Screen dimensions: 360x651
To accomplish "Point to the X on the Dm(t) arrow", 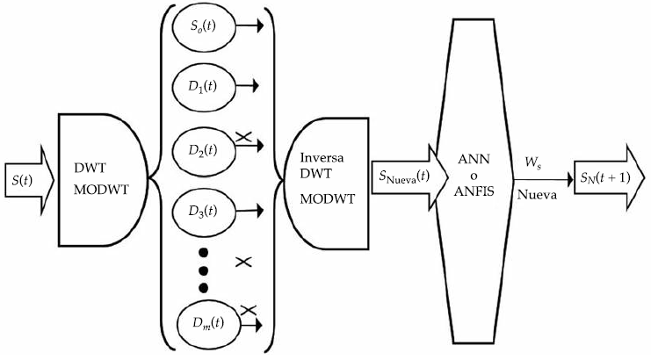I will [x=248, y=309].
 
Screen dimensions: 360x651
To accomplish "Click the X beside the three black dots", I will [x=245, y=262].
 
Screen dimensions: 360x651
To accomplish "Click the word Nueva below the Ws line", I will [x=535, y=195].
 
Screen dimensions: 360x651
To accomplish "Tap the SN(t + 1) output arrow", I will [x=607, y=178].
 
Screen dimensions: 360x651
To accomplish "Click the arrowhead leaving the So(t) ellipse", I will [x=261, y=27].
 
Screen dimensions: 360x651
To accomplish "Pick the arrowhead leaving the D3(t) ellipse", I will [x=261, y=210].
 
